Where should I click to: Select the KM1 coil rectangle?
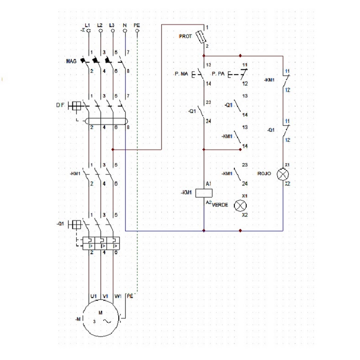click(204, 192)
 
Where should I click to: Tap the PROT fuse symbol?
click(203, 36)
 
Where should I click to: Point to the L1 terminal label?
click(88, 25)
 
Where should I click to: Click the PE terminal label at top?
click(137, 25)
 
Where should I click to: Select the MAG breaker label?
click(71, 62)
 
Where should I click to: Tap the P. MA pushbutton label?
click(181, 74)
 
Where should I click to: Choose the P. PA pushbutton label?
click(218, 74)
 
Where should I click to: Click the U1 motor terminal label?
click(93, 296)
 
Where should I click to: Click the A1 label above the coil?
click(208, 184)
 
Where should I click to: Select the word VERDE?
click(220, 205)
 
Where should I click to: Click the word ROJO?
click(264, 174)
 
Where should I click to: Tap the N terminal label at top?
click(125, 25)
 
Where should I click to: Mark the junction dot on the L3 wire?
click(113, 150)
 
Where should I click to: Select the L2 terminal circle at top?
click(100, 30)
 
